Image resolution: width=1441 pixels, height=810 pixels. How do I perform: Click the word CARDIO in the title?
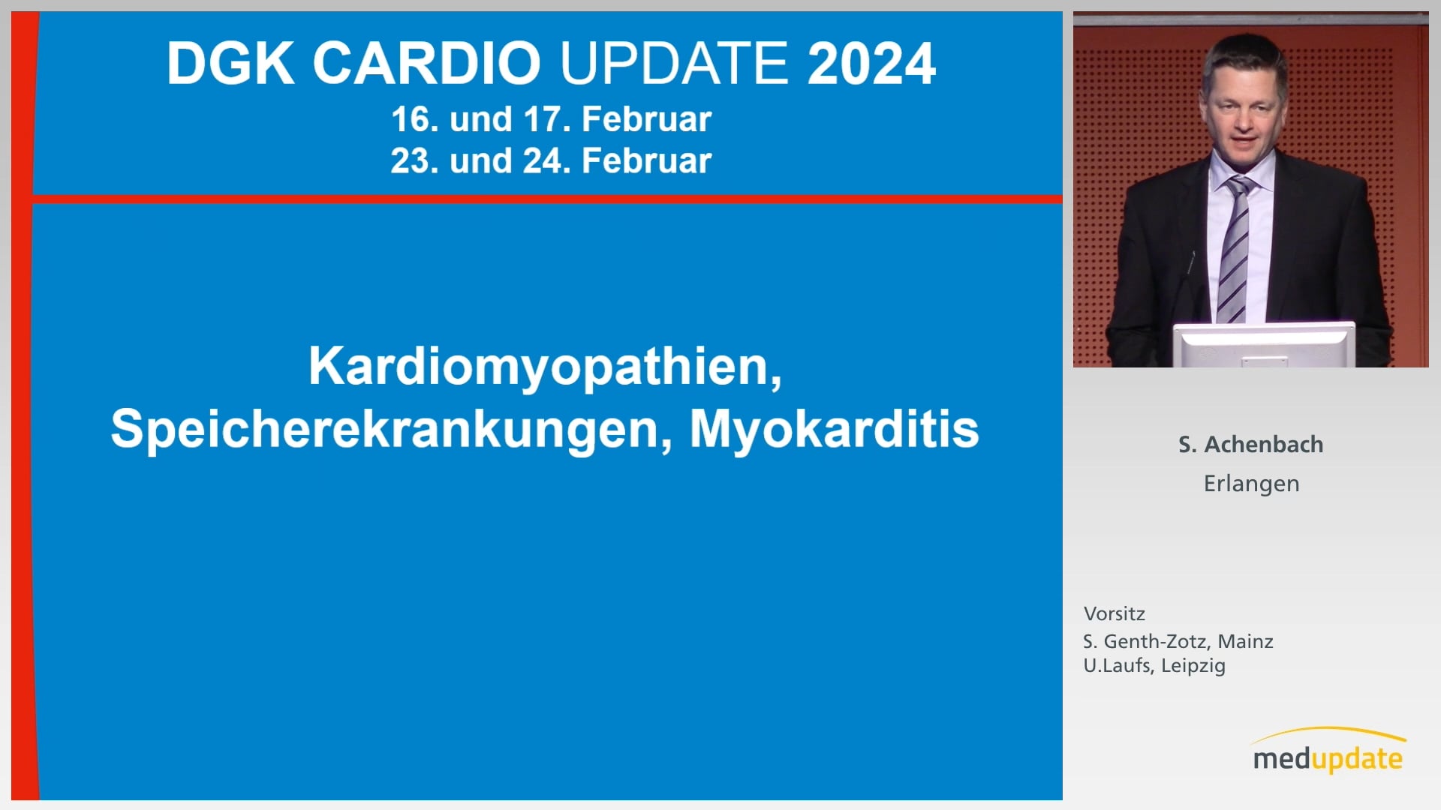427,63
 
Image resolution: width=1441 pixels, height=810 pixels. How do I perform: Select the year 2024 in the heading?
871,63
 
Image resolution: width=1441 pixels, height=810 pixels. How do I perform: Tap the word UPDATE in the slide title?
674,63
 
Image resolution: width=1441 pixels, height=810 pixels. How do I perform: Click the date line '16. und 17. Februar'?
551,119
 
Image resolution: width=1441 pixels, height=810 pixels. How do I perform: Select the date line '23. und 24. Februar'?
551,161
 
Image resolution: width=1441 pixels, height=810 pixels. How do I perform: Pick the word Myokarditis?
835,429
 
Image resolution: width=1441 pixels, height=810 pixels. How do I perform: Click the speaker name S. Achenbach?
1251,444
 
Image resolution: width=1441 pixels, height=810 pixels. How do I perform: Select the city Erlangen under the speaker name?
1251,484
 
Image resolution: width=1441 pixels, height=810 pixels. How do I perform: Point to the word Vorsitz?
1115,613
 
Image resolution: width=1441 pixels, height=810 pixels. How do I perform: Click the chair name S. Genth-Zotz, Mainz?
1178,641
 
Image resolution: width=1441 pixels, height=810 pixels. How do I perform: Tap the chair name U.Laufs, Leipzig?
1154,666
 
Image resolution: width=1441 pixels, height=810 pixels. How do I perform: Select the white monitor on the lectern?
1264,345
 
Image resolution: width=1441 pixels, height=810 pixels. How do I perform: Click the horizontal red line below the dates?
547,199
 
